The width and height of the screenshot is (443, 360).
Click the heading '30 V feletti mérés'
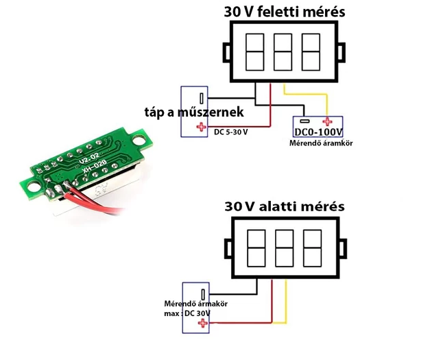point(285,12)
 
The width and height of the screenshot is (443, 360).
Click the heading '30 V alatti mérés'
point(285,206)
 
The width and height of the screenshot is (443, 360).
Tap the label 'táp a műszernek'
point(194,112)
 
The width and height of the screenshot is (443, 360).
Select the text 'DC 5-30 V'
point(231,132)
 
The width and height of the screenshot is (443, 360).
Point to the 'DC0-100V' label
point(318,132)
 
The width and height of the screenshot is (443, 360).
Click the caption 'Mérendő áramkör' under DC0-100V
point(321,143)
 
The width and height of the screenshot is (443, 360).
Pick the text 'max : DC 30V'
point(187,313)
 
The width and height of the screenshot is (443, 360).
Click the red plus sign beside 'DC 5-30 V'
point(201,127)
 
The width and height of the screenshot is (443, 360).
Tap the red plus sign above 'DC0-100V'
point(327,122)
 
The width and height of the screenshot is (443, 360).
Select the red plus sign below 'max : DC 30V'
point(202,323)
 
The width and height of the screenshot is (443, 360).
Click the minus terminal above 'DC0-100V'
point(304,121)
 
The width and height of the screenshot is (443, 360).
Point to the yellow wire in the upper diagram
point(306,94)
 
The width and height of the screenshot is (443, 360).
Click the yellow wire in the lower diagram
point(286,301)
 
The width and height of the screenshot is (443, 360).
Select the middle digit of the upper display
point(283,52)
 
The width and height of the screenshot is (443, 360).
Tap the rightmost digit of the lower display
point(312,248)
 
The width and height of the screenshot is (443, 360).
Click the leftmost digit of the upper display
point(255,52)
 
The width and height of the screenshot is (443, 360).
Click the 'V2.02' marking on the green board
point(89,158)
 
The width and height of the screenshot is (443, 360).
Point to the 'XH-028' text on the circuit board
point(94,167)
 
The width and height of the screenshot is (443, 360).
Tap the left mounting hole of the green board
point(33,187)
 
